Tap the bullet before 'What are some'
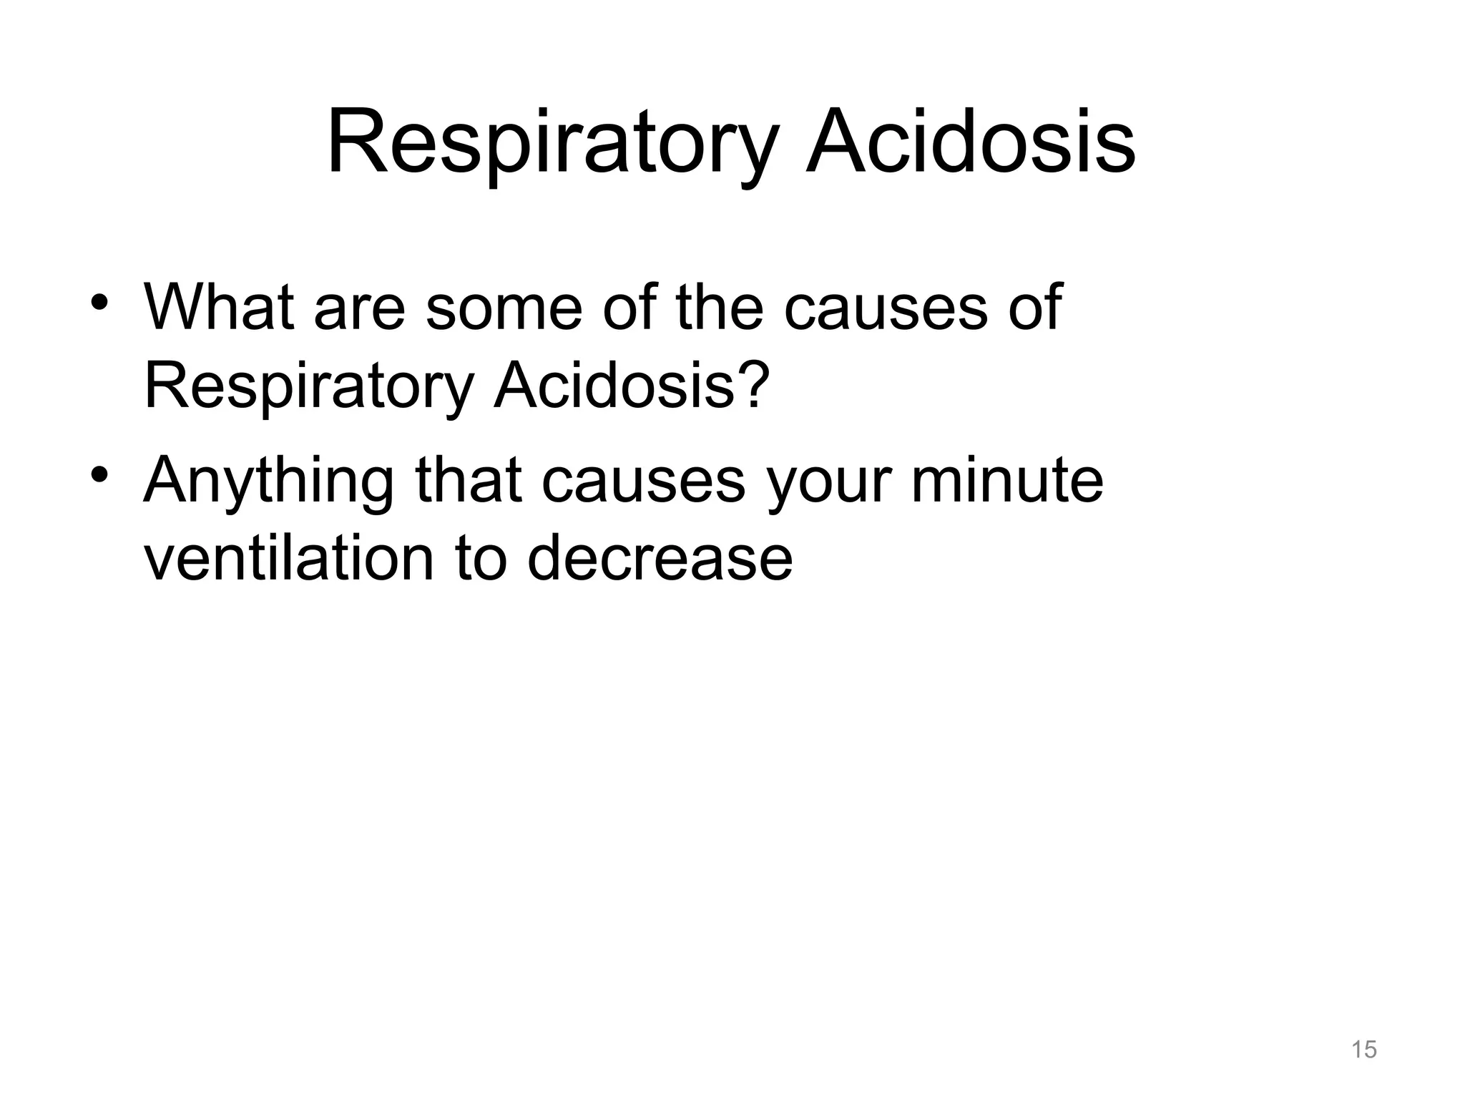(99, 301)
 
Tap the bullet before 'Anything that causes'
(99, 474)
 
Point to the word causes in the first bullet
(886, 309)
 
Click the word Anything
(269, 481)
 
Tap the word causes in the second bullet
(643, 481)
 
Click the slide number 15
(1364, 1050)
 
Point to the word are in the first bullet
(360, 309)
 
